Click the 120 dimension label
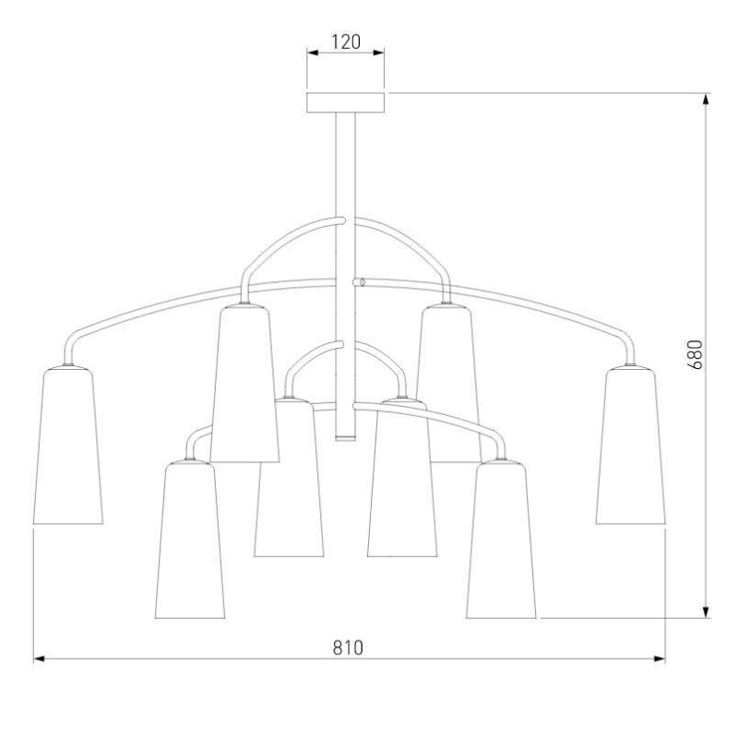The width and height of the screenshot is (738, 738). pos(346,42)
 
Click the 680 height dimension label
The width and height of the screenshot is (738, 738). pos(696,354)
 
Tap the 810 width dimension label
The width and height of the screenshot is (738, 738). pos(349,649)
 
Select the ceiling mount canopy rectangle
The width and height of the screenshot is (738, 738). pos(345,102)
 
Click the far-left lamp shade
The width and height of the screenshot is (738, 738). pos(67,446)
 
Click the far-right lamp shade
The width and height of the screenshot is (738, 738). pos(630,446)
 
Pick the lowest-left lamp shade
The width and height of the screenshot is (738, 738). pos(190,540)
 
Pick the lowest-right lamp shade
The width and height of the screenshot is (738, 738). pos(501,540)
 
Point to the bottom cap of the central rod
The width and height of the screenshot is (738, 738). pos(345,438)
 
